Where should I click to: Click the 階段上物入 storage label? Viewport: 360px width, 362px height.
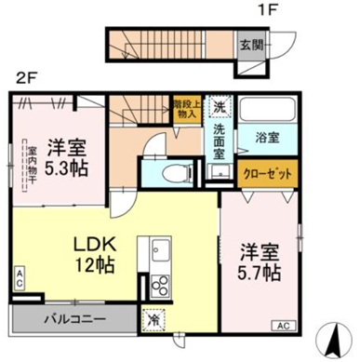(187, 106)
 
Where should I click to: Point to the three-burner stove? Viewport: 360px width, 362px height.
(158, 284)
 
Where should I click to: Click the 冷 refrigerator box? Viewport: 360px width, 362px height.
(152, 318)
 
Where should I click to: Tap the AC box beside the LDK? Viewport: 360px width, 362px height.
(19, 276)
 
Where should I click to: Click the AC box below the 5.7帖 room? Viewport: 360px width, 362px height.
(281, 326)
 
